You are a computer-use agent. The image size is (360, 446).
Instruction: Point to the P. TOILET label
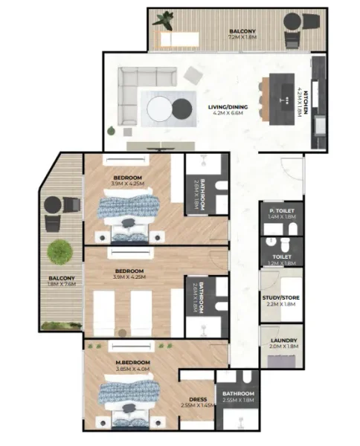(282, 216)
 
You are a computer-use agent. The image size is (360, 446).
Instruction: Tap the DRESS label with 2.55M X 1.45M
(197, 402)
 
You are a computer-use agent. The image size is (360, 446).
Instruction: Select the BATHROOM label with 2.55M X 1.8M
(237, 397)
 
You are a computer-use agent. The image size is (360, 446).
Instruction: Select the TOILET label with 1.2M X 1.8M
(282, 259)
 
